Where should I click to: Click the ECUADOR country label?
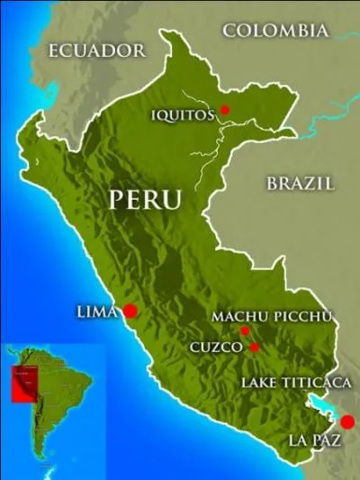(x=97, y=50)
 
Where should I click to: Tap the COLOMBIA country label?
(x=275, y=31)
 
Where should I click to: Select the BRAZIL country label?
(x=301, y=183)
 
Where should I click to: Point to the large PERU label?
(x=145, y=199)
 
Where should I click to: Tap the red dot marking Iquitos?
(x=225, y=110)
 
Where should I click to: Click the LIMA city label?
(x=97, y=312)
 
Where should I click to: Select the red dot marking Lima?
(x=130, y=311)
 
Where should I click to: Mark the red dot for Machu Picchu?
(x=244, y=331)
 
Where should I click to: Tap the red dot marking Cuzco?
(x=255, y=347)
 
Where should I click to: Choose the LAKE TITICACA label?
(x=296, y=383)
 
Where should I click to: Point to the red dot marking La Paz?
(x=347, y=421)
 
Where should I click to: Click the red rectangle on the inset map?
(x=22, y=383)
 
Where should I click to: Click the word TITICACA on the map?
(x=319, y=383)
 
